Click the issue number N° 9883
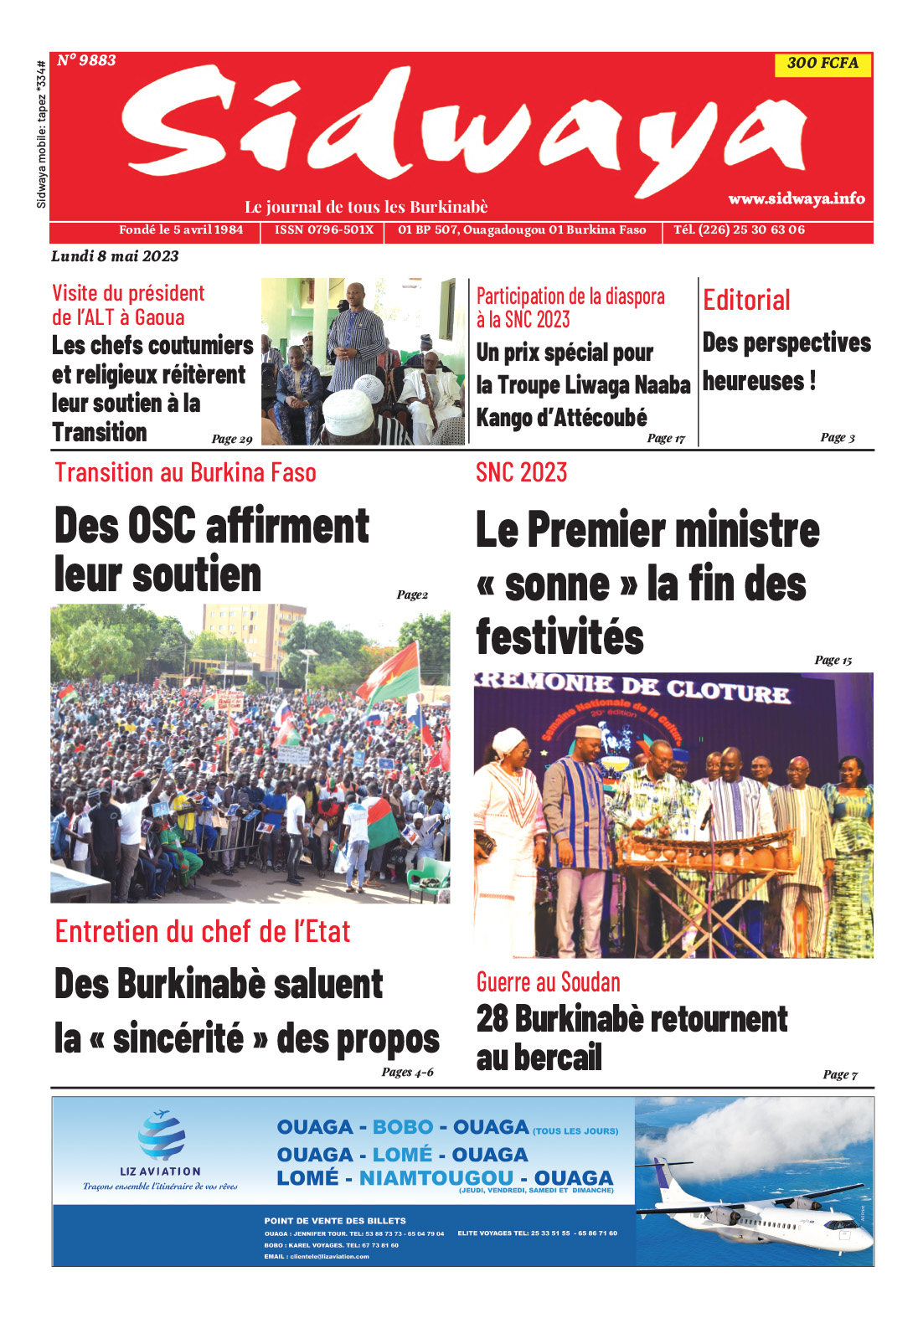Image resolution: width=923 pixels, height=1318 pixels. [86, 60]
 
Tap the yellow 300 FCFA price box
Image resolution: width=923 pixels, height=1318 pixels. [822, 64]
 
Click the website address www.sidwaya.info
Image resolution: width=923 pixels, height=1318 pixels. [796, 198]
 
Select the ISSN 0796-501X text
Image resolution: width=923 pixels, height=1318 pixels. [324, 230]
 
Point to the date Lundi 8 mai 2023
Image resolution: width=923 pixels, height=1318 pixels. [115, 256]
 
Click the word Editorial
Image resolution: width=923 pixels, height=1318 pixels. [746, 300]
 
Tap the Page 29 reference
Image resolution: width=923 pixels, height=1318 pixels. [232, 439]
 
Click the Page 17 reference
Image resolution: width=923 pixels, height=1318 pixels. [666, 438]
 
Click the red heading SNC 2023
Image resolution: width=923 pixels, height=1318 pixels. [521, 473]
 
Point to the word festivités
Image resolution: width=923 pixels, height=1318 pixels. [559, 637]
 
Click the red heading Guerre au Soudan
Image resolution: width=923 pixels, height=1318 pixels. [549, 982]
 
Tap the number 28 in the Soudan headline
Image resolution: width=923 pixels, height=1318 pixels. [492, 1019]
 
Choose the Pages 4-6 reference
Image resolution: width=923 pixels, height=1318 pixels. [407, 1072]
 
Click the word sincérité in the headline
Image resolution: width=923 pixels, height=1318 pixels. [178, 1038]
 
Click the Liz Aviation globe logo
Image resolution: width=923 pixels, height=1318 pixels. [162, 1135]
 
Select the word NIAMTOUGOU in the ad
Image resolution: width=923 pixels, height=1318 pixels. [436, 1178]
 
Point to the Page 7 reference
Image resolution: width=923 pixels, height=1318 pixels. [840, 1074]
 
